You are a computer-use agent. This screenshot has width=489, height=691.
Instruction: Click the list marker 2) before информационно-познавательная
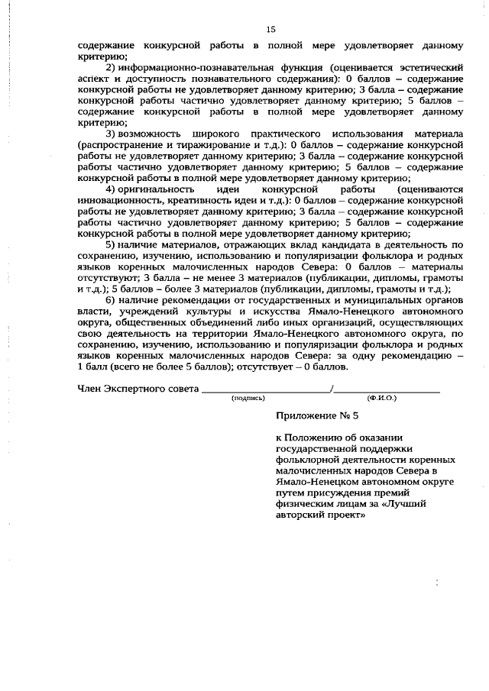[x=110, y=68]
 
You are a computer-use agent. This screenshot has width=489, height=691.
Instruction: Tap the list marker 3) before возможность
[x=110, y=134]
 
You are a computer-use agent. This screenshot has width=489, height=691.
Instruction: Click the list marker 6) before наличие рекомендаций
[x=110, y=299]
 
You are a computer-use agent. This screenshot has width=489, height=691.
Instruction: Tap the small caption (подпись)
[x=248, y=398]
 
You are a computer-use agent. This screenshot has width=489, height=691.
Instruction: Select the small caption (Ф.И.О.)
[x=382, y=398]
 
